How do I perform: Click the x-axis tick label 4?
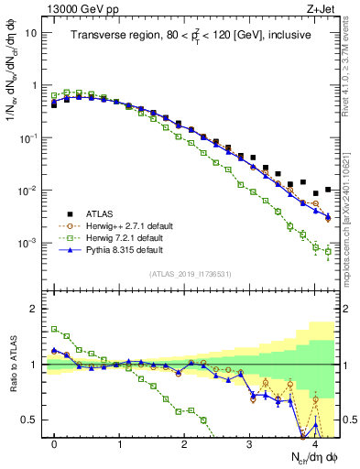(x=314, y=444)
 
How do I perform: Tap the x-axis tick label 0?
(x=55, y=444)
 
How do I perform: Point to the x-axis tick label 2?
(x=185, y=444)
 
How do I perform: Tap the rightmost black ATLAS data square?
(x=328, y=190)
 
